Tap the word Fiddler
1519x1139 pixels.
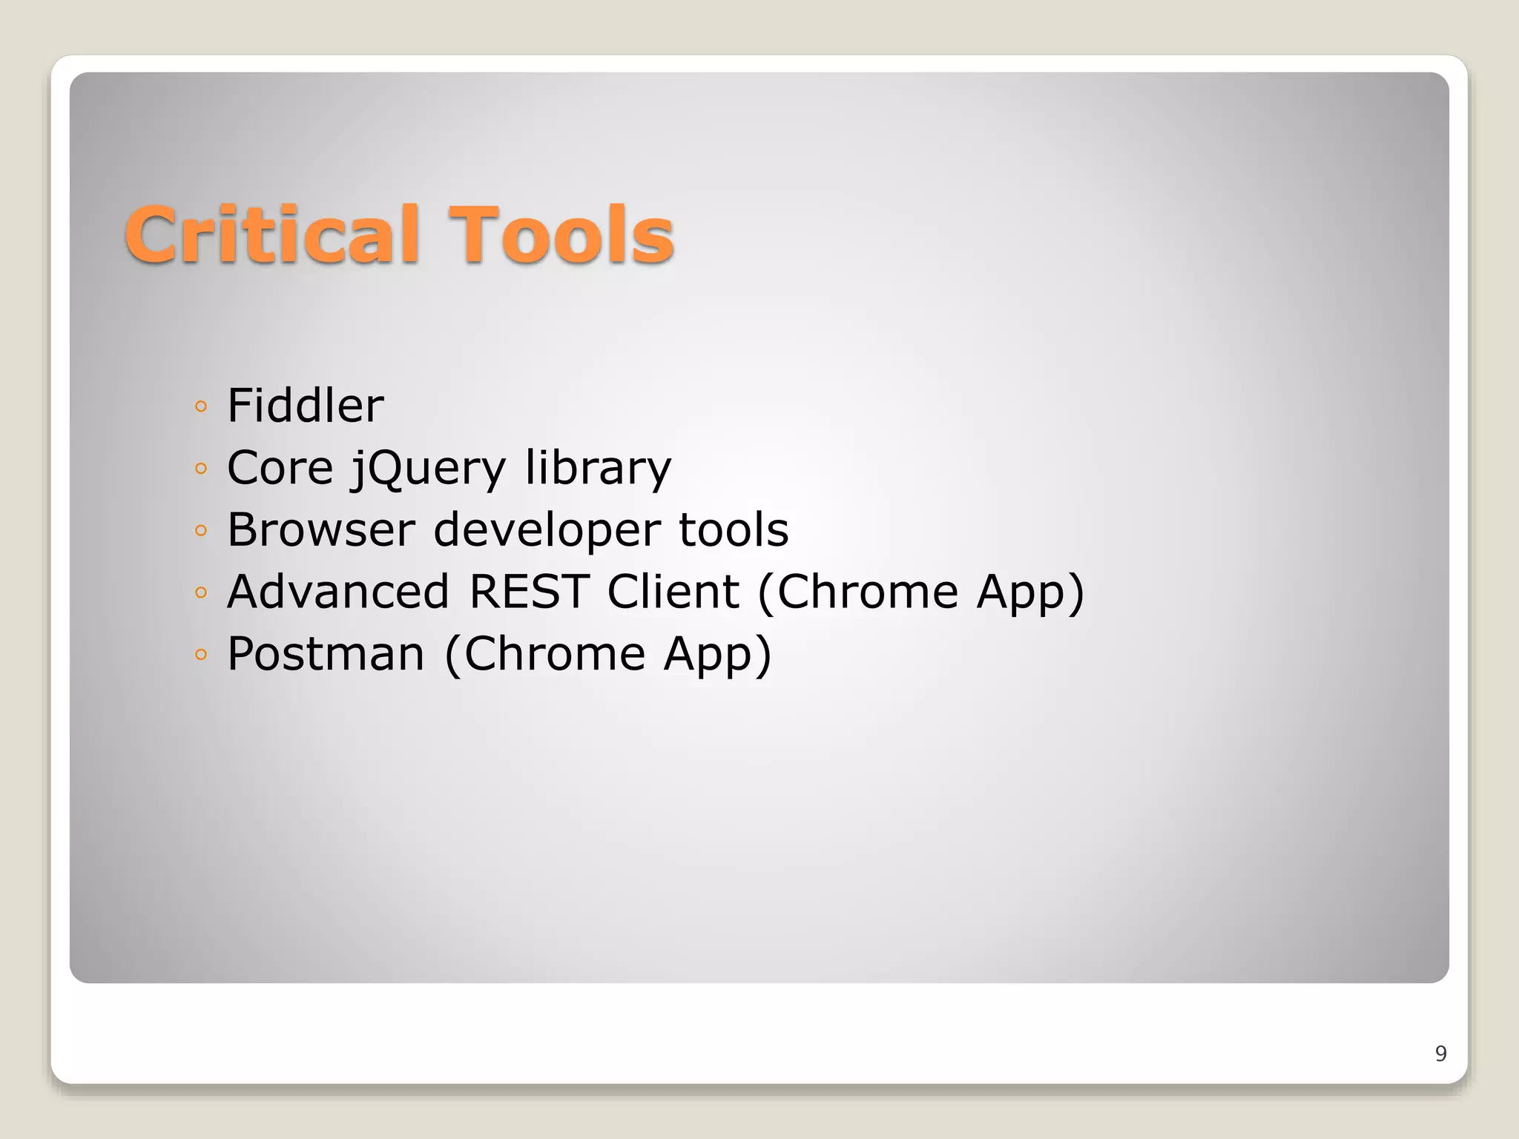(305, 406)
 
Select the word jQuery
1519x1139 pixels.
(429, 469)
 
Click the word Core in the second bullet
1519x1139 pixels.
(280, 468)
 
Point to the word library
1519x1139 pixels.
(598, 468)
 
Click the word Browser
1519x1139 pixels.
(320, 529)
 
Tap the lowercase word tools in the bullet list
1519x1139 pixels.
(733, 529)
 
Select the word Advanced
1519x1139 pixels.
(338, 592)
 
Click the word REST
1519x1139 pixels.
(529, 592)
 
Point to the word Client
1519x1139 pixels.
(673, 592)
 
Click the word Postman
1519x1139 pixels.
(326, 654)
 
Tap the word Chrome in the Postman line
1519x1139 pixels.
(554, 654)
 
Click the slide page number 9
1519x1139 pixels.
(1440, 1054)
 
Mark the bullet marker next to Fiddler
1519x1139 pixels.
(200, 406)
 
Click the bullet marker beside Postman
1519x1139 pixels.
(200, 654)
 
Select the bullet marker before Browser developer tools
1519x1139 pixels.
(200, 530)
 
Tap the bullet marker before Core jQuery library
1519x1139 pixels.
(200, 469)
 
